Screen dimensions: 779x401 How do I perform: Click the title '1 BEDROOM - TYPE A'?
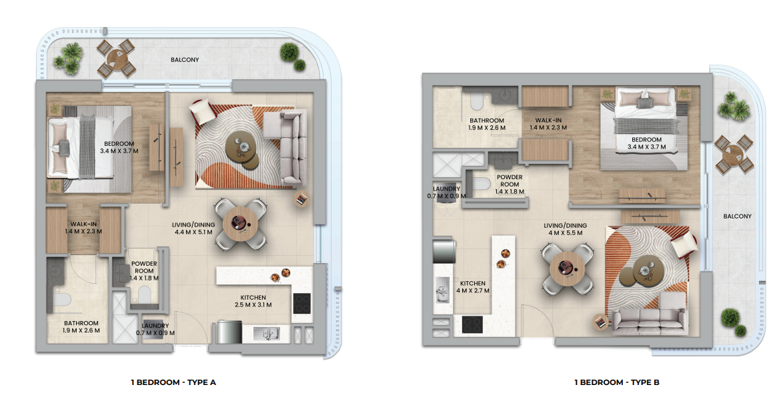173,382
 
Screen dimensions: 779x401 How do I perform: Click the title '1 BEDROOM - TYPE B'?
616,382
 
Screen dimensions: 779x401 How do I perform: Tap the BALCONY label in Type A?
185,59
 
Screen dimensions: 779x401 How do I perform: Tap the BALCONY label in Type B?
737,216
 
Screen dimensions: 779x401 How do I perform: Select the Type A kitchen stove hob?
301,303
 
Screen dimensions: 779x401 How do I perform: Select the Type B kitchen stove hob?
472,324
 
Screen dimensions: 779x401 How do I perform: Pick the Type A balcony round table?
116,58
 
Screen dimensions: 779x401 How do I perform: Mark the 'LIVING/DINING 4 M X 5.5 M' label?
565,228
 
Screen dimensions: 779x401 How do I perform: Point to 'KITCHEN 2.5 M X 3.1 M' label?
253,301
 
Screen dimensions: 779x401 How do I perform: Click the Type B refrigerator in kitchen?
444,251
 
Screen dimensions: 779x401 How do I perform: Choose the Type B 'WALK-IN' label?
548,121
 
